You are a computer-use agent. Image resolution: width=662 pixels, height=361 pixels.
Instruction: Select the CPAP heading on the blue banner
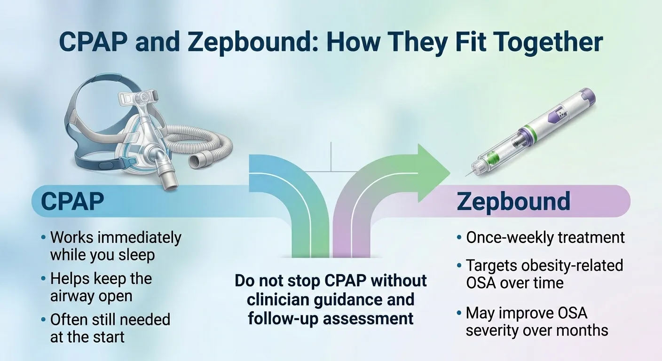coord(72,202)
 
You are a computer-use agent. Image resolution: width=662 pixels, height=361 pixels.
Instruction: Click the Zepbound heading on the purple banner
coord(513,202)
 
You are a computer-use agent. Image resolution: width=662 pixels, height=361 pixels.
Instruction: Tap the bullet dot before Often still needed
coord(43,320)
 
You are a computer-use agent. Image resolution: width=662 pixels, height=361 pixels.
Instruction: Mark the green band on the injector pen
coord(530,129)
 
